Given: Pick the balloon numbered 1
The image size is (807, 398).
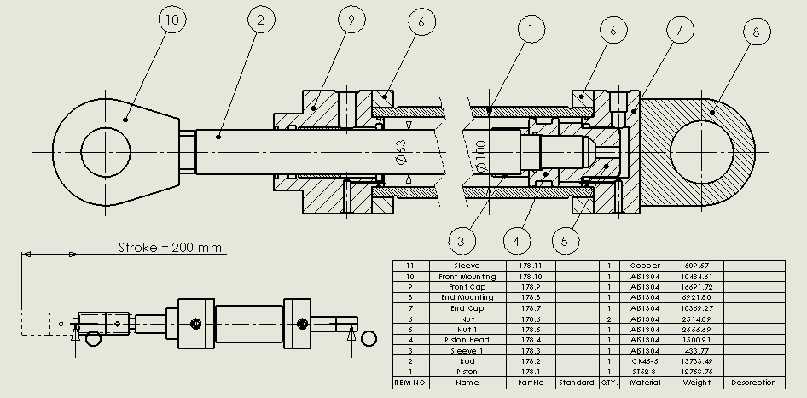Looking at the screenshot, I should [x=531, y=32].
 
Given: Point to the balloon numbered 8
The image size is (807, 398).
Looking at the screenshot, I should [x=755, y=32].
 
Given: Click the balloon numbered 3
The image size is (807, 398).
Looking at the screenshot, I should [x=461, y=241].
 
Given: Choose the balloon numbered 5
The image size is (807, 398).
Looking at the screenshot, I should [x=565, y=241].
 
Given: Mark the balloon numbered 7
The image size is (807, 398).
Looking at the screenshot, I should [x=679, y=32].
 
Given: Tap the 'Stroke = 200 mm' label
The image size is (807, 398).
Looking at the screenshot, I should [x=171, y=249].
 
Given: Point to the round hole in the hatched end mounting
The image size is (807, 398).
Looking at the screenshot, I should [x=701, y=152].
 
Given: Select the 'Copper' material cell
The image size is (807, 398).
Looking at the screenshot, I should [x=645, y=266].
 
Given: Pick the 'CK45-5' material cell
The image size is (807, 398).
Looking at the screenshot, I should [x=645, y=361].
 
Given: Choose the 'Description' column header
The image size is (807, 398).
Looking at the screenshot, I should [x=754, y=383].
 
